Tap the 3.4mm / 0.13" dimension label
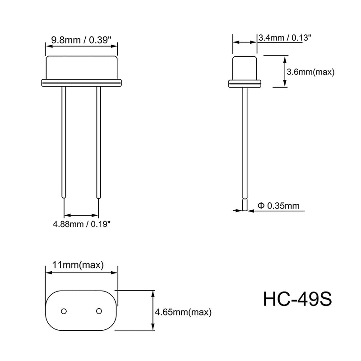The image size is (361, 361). [284, 38]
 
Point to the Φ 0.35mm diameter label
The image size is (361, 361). [278, 206]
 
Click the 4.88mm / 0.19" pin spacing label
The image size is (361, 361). [82, 223]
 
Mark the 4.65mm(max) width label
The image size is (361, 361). [183, 312]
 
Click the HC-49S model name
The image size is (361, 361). [297, 299]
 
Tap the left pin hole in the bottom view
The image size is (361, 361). [64, 310]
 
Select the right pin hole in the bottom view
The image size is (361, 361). [98, 310]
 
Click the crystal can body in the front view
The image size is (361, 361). [81, 68]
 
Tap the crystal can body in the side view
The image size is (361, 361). [245, 68]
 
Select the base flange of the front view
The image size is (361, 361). [81, 83]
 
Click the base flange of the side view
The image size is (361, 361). [245, 83]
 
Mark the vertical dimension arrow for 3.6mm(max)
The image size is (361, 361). [284, 71]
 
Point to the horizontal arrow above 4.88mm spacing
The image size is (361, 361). [81, 214]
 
